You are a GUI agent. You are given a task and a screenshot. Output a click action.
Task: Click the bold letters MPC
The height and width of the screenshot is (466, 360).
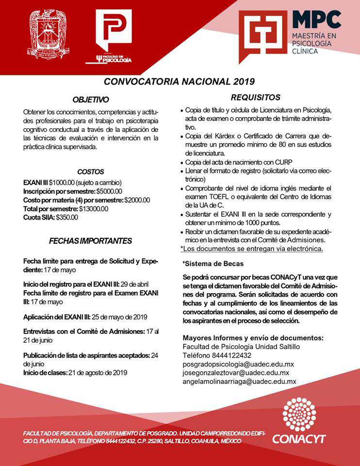(x=317, y=20)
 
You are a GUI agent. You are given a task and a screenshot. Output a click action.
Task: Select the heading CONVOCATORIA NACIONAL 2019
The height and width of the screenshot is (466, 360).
(x=180, y=82)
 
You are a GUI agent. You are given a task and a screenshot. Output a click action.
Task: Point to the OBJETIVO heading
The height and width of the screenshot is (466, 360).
(x=91, y=100)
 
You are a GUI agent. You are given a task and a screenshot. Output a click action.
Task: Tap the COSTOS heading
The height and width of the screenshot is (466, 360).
(x=91, y=171)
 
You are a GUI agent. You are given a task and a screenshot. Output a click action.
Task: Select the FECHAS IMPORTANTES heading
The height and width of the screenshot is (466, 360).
(x=90, y=241)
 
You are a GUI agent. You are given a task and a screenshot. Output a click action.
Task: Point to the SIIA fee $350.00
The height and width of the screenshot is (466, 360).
(x=67, y=217)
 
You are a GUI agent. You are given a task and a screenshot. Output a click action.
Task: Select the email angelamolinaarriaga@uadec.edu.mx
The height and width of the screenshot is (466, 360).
(x=239, y=382)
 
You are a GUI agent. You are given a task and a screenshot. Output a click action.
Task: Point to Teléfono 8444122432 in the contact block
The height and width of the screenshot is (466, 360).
(x=211, y=355)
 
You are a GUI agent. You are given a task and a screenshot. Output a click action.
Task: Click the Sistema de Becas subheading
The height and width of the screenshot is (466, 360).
(x=213, y=264)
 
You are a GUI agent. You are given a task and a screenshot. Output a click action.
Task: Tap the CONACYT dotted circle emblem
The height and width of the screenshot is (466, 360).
(x=298, y=414)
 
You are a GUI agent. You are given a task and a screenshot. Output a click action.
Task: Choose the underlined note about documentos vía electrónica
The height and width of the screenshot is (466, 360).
(x=251, y=249)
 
